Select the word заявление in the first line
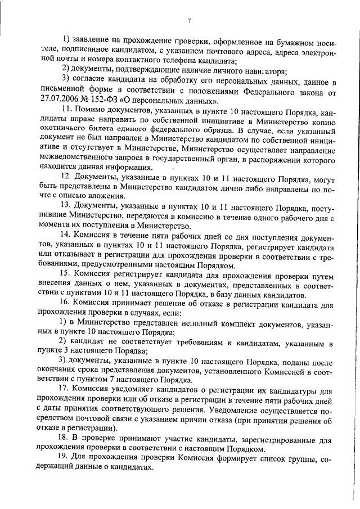click(x=93, y=40)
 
